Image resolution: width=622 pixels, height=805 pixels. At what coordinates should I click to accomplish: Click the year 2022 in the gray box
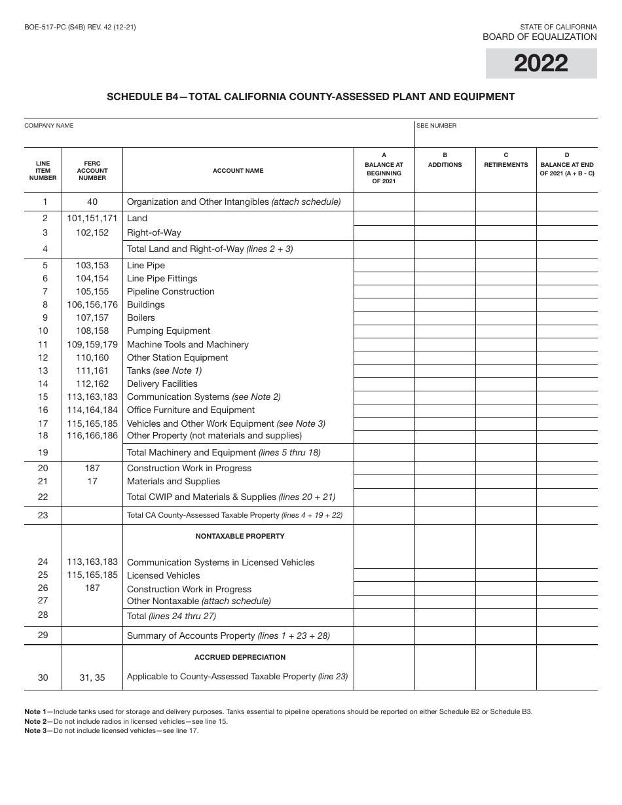click(x=541, y=63)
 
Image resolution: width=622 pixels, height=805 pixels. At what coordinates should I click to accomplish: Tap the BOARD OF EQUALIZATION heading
click(x=540, y=37)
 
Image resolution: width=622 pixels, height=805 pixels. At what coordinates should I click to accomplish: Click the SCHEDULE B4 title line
click(x=311, y=97)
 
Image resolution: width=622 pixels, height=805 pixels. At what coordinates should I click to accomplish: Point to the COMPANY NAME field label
click(x=49, y=126)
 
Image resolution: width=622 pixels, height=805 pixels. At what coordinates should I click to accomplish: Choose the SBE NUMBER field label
click(x=437, y=126)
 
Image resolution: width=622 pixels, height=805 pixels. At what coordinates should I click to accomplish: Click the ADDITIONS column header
click(x=445, y=165)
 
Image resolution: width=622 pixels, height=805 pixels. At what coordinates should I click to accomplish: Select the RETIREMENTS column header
click(x=505, y=165)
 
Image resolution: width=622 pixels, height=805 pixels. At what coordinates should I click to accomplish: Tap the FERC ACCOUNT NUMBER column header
click(x=92, y=170)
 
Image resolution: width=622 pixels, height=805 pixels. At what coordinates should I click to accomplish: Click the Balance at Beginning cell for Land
click(x=384, y=219)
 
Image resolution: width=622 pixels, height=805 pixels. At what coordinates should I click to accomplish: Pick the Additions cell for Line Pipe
click(x=445, y=266)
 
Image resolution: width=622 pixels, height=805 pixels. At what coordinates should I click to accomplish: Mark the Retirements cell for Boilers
click(x=505, y=318)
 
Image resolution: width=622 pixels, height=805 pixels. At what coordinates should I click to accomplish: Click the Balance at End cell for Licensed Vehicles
click(x=566, y=576)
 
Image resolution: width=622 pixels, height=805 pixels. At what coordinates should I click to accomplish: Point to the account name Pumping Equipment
click(x=168, y=331)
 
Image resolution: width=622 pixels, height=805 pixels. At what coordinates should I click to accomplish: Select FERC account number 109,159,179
click(x=92, y=344)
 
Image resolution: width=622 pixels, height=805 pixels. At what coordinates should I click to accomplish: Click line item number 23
click(x=43, y=515)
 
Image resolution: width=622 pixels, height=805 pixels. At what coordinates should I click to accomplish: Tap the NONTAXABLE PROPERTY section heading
click(x=240, y=536)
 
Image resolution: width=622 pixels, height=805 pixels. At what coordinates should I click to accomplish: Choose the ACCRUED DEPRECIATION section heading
click(x=240, y=657)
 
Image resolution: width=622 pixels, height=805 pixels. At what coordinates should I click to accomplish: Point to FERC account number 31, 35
click(x=92, y=677)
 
